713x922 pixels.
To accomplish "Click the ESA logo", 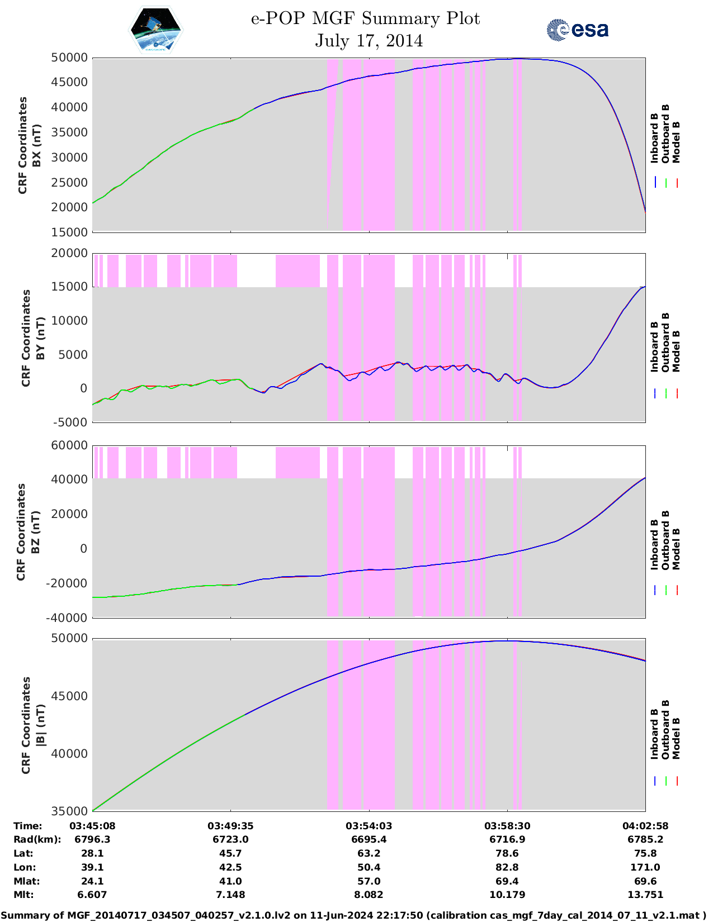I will (577, 30).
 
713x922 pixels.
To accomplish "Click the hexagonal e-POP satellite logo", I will (156, 30).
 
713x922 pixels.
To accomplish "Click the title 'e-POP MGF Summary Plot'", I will (365, 18).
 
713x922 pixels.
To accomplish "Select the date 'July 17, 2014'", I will (369, 41).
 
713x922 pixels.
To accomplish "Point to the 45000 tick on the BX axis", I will (69, 83).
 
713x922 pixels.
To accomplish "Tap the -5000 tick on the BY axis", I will (70, 422).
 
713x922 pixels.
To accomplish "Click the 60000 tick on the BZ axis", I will (69, 445).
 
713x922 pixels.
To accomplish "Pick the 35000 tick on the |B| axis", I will (69, 811).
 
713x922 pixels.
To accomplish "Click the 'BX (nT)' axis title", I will (37, 145).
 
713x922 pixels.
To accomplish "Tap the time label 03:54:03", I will (369, 826).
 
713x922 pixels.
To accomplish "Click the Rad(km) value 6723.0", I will (230, 839).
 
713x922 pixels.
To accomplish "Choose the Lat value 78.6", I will (507, 853).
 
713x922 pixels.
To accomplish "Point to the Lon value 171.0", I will (645, 867).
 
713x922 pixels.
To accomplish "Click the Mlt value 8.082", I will (369, 895).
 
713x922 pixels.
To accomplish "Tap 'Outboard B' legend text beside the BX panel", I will (665, 134).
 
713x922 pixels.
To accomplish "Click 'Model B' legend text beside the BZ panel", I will (676, 549).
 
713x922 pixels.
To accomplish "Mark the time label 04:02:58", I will (645, 826).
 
